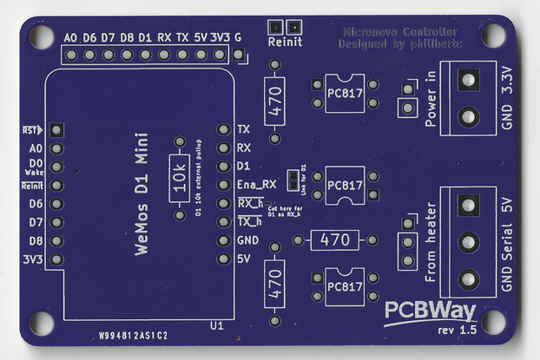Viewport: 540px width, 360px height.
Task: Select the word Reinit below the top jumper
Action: pos(285,42)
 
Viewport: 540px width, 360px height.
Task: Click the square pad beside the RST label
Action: pos(56,129)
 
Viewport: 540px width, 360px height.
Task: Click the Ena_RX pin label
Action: pos(256,185)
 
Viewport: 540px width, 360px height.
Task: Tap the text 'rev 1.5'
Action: pos(458,331)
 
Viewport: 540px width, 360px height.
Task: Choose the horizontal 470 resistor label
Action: pos(334,239)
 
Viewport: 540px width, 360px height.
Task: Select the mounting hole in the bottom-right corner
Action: pos(493,321)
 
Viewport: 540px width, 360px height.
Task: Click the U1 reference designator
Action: pos(217,325)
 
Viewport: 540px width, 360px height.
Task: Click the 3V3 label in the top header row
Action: pos(220,38)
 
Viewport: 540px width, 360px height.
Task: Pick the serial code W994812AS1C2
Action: pos(132,334)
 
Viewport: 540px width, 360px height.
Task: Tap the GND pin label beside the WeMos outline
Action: pos(247,240)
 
